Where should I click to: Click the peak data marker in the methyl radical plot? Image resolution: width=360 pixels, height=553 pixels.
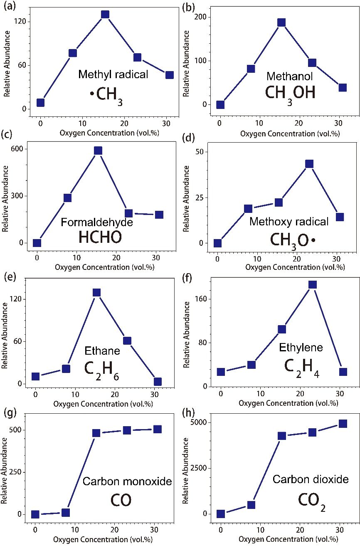coord(105,14)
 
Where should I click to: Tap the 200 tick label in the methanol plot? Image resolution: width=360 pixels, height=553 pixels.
coord(202,17)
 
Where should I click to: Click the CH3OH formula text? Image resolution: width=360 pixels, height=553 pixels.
coord(290,93)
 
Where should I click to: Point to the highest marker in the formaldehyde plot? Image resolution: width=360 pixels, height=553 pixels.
coord(98,151)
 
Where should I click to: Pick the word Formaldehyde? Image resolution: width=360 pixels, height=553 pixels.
coord(97,222)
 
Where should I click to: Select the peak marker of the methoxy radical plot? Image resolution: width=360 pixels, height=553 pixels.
coord(309,164)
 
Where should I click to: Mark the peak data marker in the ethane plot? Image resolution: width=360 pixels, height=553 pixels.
coord(96,292)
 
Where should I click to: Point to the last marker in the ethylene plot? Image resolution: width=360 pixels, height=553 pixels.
coord(343,372)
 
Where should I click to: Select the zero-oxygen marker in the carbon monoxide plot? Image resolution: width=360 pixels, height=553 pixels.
coord(35,514)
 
